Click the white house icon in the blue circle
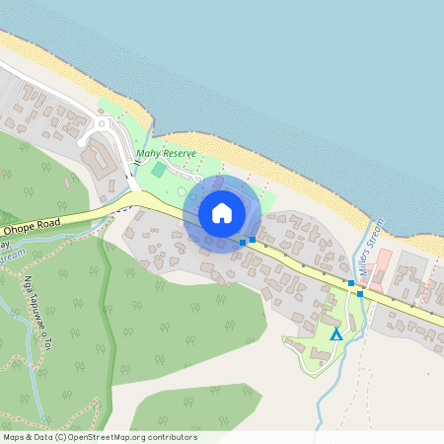pos(222,213)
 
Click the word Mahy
pos(148,154)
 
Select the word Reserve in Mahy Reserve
pos(180,153)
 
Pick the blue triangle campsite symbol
pos(335,335)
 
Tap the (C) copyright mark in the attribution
pos(61,437)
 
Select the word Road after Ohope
pos(46,224)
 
